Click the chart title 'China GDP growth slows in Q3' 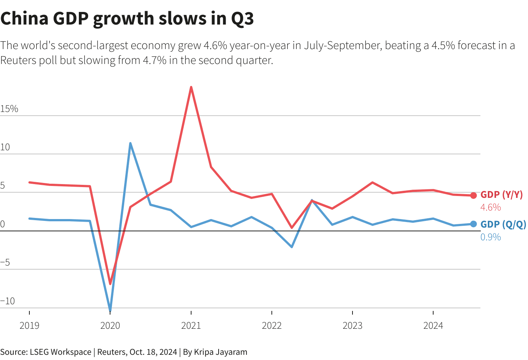click(127, 19)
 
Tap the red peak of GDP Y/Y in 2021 click(191, 87)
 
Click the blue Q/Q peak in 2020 click(130, 143)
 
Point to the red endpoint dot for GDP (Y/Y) click(473, 195)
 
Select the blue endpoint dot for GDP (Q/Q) click(473, 224)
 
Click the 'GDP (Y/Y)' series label click(502, 195)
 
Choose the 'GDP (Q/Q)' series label click(503, 224)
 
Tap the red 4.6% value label click(490, 207)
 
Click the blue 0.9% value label click(490, 237)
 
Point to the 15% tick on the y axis click(9, 109)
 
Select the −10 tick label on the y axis click(8, 301)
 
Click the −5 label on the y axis click(6, 263)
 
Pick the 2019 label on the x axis click(29, 325)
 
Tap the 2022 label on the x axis click(272, 325)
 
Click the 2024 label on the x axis click(433, 325)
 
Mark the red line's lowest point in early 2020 click(110, 283)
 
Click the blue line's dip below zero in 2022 click(292, 247)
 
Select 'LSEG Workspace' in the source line click(61, 352)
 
